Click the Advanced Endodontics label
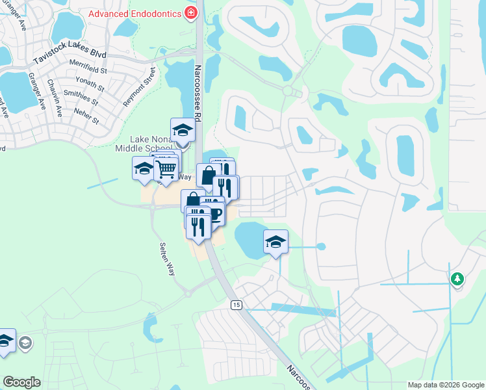pyautogui.click(x=134, y=12)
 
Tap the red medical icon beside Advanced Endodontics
pyautogui.click(x=190, y=12)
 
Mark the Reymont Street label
pyautogui.click(x=139, y=86)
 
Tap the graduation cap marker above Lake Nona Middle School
pyautogui.click(x=183, y=130)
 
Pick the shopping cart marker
pyautogui.click(x=167, y=169)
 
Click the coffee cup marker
pyautogui.click(x=214, y=213)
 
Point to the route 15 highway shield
pyautogui.click(x=235, y=305)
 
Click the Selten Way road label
pyautogui.click(x=167, y=259)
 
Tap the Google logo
pyautogui.click(x=21, y=382)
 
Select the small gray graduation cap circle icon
pyautogui.click(x=25, y=343)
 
